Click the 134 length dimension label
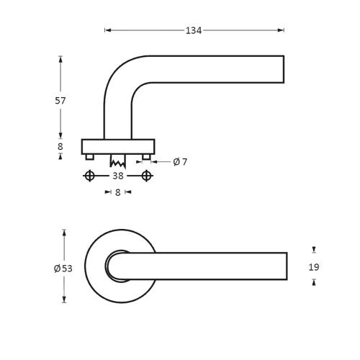pyautogui.click(x=194, y=30)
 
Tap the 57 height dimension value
pyautogui.click(x=60, y=101)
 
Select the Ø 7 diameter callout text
pyautogui.click(x=180, y=162)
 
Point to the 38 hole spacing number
pyautogui.click(x=118, y=176)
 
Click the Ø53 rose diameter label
pyautogui.click(x=63, y=269)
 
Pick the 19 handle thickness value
pyautogui.click(x=314, y=267)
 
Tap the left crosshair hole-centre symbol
pyautogui.click(x=89, y=176)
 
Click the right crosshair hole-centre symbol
pyautogui.click(x=146, y=176)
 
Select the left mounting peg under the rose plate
pyautogui.click(x=89, y=157)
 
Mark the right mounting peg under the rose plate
pyautogui.click(x=146, y=157)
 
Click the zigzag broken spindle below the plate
pyautogui.click(x=117, y=161)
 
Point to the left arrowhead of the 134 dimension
pyautogui.click(x=108, y=30)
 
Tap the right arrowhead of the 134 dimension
pyautogui.click(x=281, y=30)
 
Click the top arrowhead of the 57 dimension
pyautogui.click(x=60, y=59)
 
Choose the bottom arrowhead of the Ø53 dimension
pyautogui.click(x=64, y=300)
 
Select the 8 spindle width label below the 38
pyautogui.click(x=117, y=192)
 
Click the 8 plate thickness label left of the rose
pyautogui.click(x=60, y=146)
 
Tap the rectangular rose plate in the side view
pyautogui.click(x=118, y=147)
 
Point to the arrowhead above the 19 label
pyautogui.click(x=314, y=249)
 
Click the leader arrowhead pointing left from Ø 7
pyautogui.click(x=154, y=162)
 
